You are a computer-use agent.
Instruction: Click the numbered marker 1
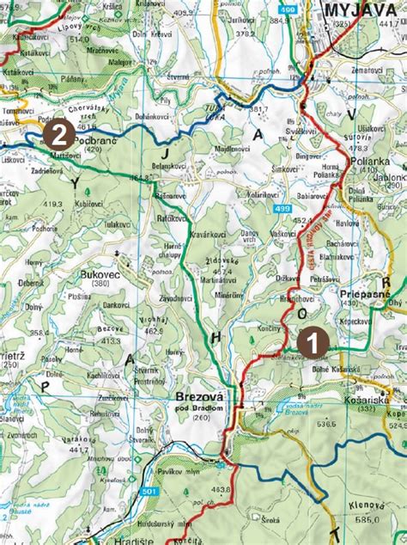coord(311,340)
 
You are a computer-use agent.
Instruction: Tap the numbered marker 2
coord(58,133)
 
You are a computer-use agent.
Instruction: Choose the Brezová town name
coord(200,397)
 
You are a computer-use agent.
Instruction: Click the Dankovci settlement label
coord(116,304)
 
